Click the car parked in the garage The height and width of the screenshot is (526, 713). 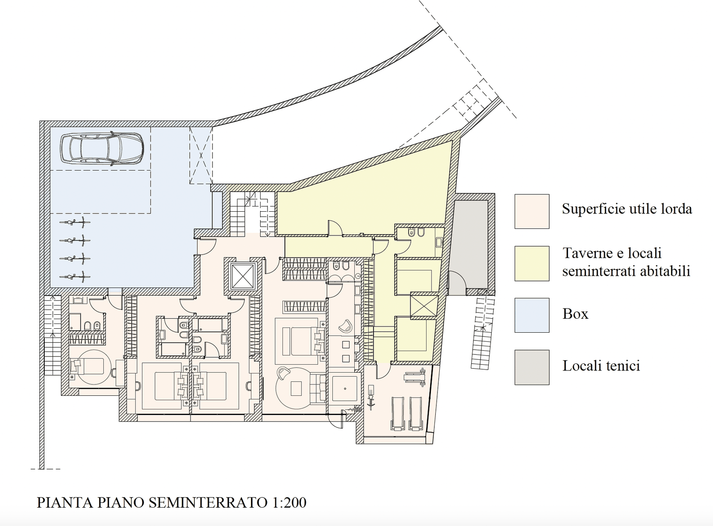pos(102,149)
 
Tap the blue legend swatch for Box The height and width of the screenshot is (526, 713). pos(532,316)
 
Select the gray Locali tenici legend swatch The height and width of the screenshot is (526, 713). pos(532,367)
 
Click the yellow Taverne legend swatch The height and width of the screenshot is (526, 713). pos(532,263)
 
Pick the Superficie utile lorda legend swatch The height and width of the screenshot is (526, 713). pos(532,212)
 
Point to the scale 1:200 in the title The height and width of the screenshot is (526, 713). pos(289,502)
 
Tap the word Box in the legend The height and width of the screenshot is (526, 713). pos(575,314)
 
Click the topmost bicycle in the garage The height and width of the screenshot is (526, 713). pos(75,222)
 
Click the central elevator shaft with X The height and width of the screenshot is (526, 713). pos(243,276)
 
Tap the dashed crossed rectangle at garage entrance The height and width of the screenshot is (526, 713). pos(201,156)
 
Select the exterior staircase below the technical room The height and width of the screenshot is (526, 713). pos(483,333)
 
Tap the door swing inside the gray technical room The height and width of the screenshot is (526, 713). pos(457,283)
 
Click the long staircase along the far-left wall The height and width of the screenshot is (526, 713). pos(53,335)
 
